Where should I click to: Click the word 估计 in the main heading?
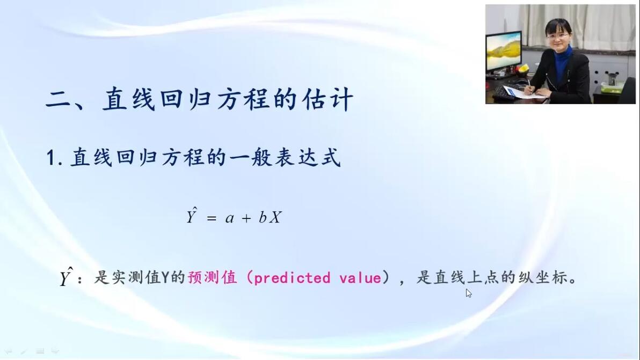[x=328, y=99]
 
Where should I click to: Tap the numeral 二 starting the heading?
[x=59, y=99]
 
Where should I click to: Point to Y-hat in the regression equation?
[x=192, y=215]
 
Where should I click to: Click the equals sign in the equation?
[x=211, y=218]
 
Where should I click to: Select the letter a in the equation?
[x=229, y=218]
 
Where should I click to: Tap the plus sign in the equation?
[x=246, y=218]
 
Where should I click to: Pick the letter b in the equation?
[x=263, y=217]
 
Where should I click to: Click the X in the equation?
[x=275, y=217]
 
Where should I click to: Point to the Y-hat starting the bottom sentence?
[x=66, y=277]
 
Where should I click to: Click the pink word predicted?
[x=292, y=277]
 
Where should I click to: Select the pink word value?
[x=360, y=278]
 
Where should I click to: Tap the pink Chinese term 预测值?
[x=212, y=277]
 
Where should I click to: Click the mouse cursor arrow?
[x=469, y=293]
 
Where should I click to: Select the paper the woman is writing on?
[x=520, y=92]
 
